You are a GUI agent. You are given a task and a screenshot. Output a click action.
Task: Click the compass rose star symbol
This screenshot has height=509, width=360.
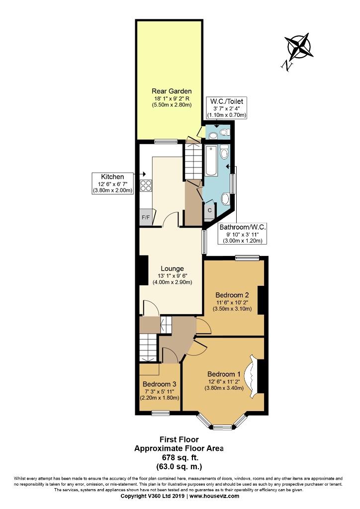pyautogui.click(x=299, y=46)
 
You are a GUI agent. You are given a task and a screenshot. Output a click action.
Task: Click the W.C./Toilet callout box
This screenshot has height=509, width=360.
pyautogui.click(x=227, y=108)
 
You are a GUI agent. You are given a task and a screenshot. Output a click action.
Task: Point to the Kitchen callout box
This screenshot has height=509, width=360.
pyautogui.click(x=113, y=183)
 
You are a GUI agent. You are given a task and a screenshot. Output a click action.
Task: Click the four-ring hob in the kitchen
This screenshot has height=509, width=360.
pyautogui.click(x=145, y=185)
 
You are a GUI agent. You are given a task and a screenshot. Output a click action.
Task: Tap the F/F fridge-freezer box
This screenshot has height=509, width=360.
pyautogui.click(x=146, y=217)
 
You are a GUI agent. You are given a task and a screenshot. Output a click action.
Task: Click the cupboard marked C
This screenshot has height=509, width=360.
pyautogui.click(x=209, y=211)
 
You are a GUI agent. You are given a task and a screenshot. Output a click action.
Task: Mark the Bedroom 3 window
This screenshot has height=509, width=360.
pyautogui.click(x=161, y=413)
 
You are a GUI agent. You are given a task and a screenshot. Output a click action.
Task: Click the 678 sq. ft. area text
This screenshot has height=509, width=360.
pyautogui.click(x=179, y=457)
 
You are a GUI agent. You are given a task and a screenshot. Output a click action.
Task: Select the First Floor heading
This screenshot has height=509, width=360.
pyautogui.click(x=179, y=439)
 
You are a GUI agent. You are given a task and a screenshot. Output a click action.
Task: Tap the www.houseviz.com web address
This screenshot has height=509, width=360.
pyautogui.click(x=214, y=496)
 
